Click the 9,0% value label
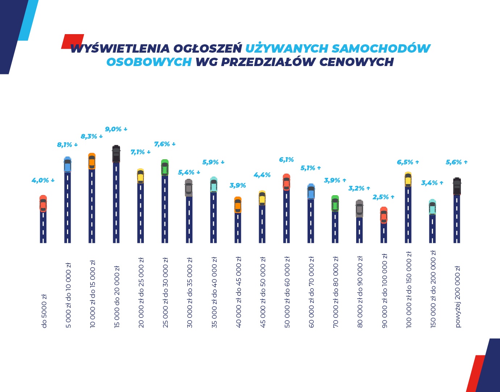[x=113, y=129]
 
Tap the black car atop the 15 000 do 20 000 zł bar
[x=116, y=154]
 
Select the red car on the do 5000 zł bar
[x=43, y=203]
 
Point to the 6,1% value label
[x=286, y=160]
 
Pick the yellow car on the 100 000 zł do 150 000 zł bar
[x=408, y=180]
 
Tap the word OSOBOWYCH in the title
[x=149, y=62]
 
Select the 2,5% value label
[x=380, y=197]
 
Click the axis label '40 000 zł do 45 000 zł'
[x=238, y=292]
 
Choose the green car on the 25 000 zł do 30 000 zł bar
[x=165, y=168]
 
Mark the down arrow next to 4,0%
[x=53, y=180]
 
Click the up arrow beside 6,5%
[x=417, y=162]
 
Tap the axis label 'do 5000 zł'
[x=44, y=311]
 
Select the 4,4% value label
[x=262, y=175]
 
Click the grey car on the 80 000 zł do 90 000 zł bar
[x=359, y=208]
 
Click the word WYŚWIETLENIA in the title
[x=120, y=49]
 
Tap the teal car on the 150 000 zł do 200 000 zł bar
[x=432, y=207]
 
